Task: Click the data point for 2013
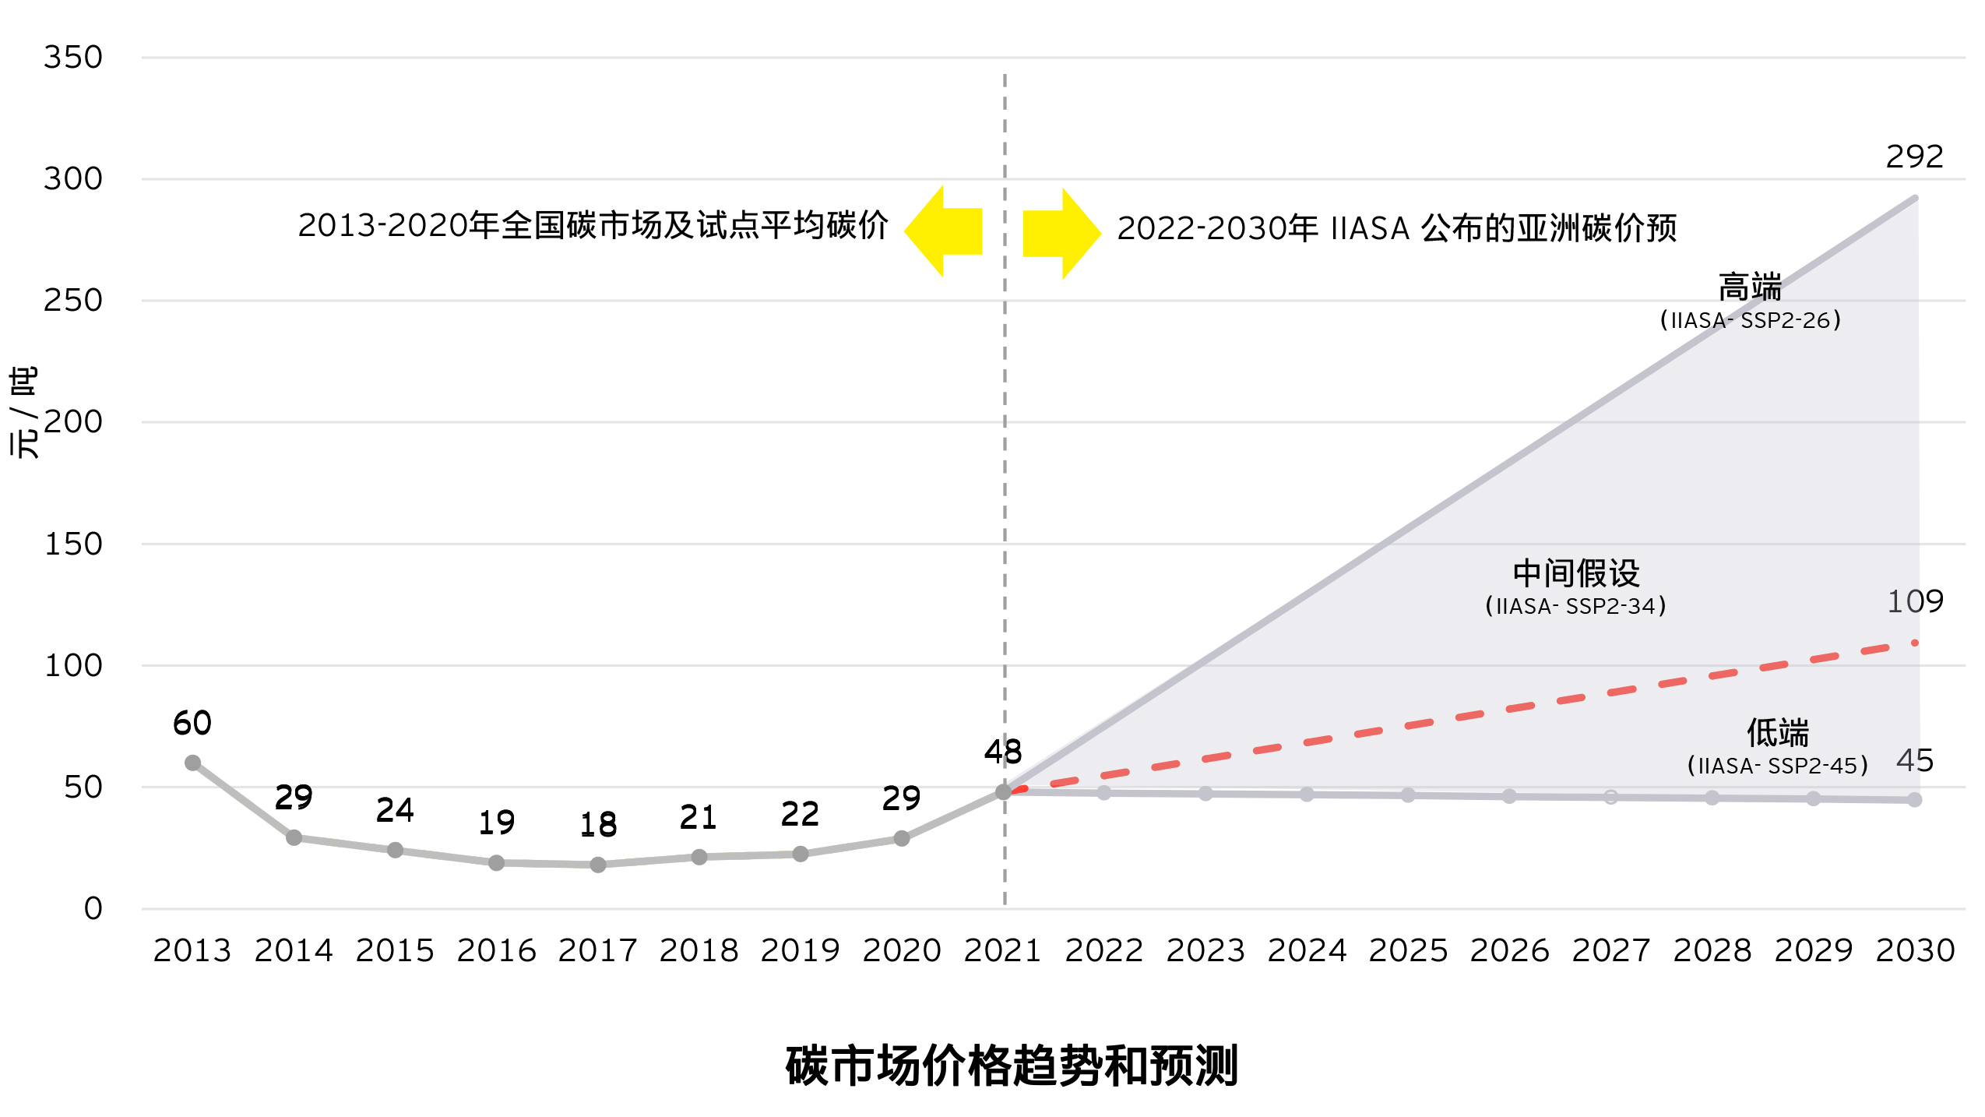point(192,763)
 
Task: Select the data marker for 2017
point(598,865)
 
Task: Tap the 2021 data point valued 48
point(1003,791)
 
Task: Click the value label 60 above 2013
point(192,724)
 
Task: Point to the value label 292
point(1914,157)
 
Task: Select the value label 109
point(1915,602)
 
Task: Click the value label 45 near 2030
point(1915,761)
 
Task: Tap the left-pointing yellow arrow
point(943,231)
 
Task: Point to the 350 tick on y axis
point(73,58)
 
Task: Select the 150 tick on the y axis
point(73,544)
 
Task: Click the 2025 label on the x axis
point(1408,951)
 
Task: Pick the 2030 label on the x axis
point(1915,951)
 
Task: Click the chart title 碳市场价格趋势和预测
point(1011,1066)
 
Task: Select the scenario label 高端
point(1750,287)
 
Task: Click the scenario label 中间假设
point(1575,574)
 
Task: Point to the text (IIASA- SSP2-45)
point(1777,766)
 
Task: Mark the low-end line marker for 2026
point(1509,796)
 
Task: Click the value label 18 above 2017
point(598,825)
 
